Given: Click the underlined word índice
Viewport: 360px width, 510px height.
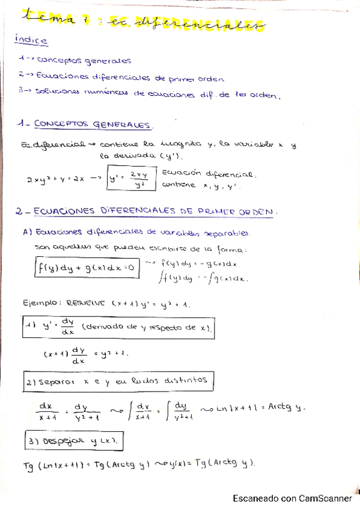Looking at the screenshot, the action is pos(31,40).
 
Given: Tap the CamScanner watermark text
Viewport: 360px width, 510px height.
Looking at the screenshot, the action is pos(292,498).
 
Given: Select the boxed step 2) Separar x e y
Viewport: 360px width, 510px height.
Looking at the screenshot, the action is pos(117,381).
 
